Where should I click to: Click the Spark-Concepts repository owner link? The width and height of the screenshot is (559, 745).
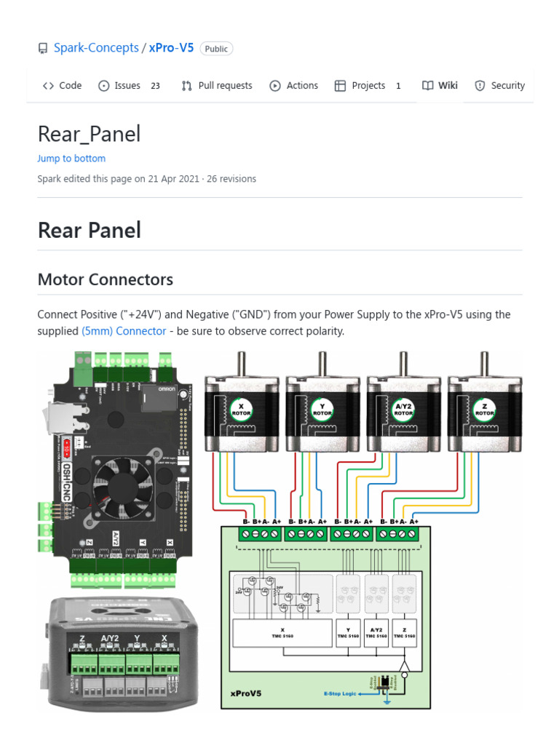pyautogui.click(x=96, y=48)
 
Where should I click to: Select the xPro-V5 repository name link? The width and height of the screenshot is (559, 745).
pyautogui.click(x=171, y=48)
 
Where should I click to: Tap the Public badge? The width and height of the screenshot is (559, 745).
pyautogui.click(x=216, y=49)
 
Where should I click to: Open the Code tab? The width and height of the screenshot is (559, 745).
pyautogui.click(x=63, y=85)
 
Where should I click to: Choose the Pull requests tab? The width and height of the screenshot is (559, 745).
pyautogui.click(x=217, y=85)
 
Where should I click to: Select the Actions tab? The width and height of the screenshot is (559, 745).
pyautogui.click(x=294, y=85)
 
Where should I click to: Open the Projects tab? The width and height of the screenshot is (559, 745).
pyautogui.click(x=368, y=85)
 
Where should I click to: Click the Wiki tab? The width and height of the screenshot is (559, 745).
pyautogui.click(x=440, y=85)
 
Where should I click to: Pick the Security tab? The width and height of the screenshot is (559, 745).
pyautogui.click(x=499, y=85)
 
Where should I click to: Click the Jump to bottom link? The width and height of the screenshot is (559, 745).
pyautogui.click(x=71, y=159)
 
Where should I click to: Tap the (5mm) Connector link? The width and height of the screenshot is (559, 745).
pyautogui.click(x=124, y=331)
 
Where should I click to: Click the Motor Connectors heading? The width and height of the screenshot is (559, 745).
pyautogui.click(x=106, y=279)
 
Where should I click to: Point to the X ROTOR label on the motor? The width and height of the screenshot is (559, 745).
pyautogui.click(x=241, y=410)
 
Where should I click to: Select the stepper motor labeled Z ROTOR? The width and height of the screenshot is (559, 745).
pyautogui.click(x=485, y=407)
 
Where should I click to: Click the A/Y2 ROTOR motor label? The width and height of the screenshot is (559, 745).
pyautogui.click(x=403, y=410)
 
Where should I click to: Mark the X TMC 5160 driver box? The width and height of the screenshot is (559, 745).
pyautogui.click(x=282, y=633)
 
